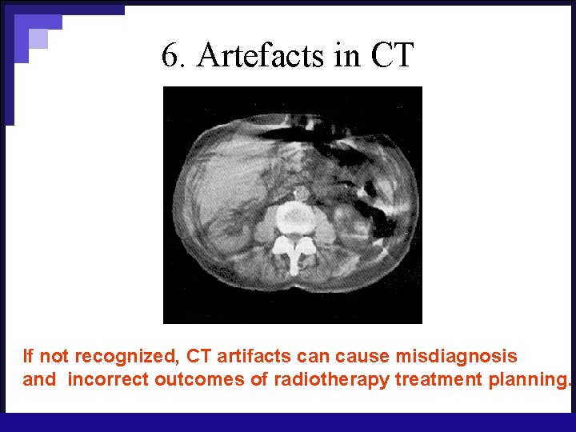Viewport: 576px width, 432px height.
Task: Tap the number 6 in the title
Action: click(169, 55)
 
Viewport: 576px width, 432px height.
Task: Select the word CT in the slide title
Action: click(392, 55)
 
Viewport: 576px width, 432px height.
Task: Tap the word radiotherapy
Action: click(331, 379)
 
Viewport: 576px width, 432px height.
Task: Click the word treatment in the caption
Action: click(439, 379)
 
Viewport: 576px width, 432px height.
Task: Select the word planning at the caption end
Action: click(529, 379)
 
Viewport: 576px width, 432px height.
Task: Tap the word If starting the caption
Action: click(29, 356)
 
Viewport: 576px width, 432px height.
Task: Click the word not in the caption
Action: click(55, 356)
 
